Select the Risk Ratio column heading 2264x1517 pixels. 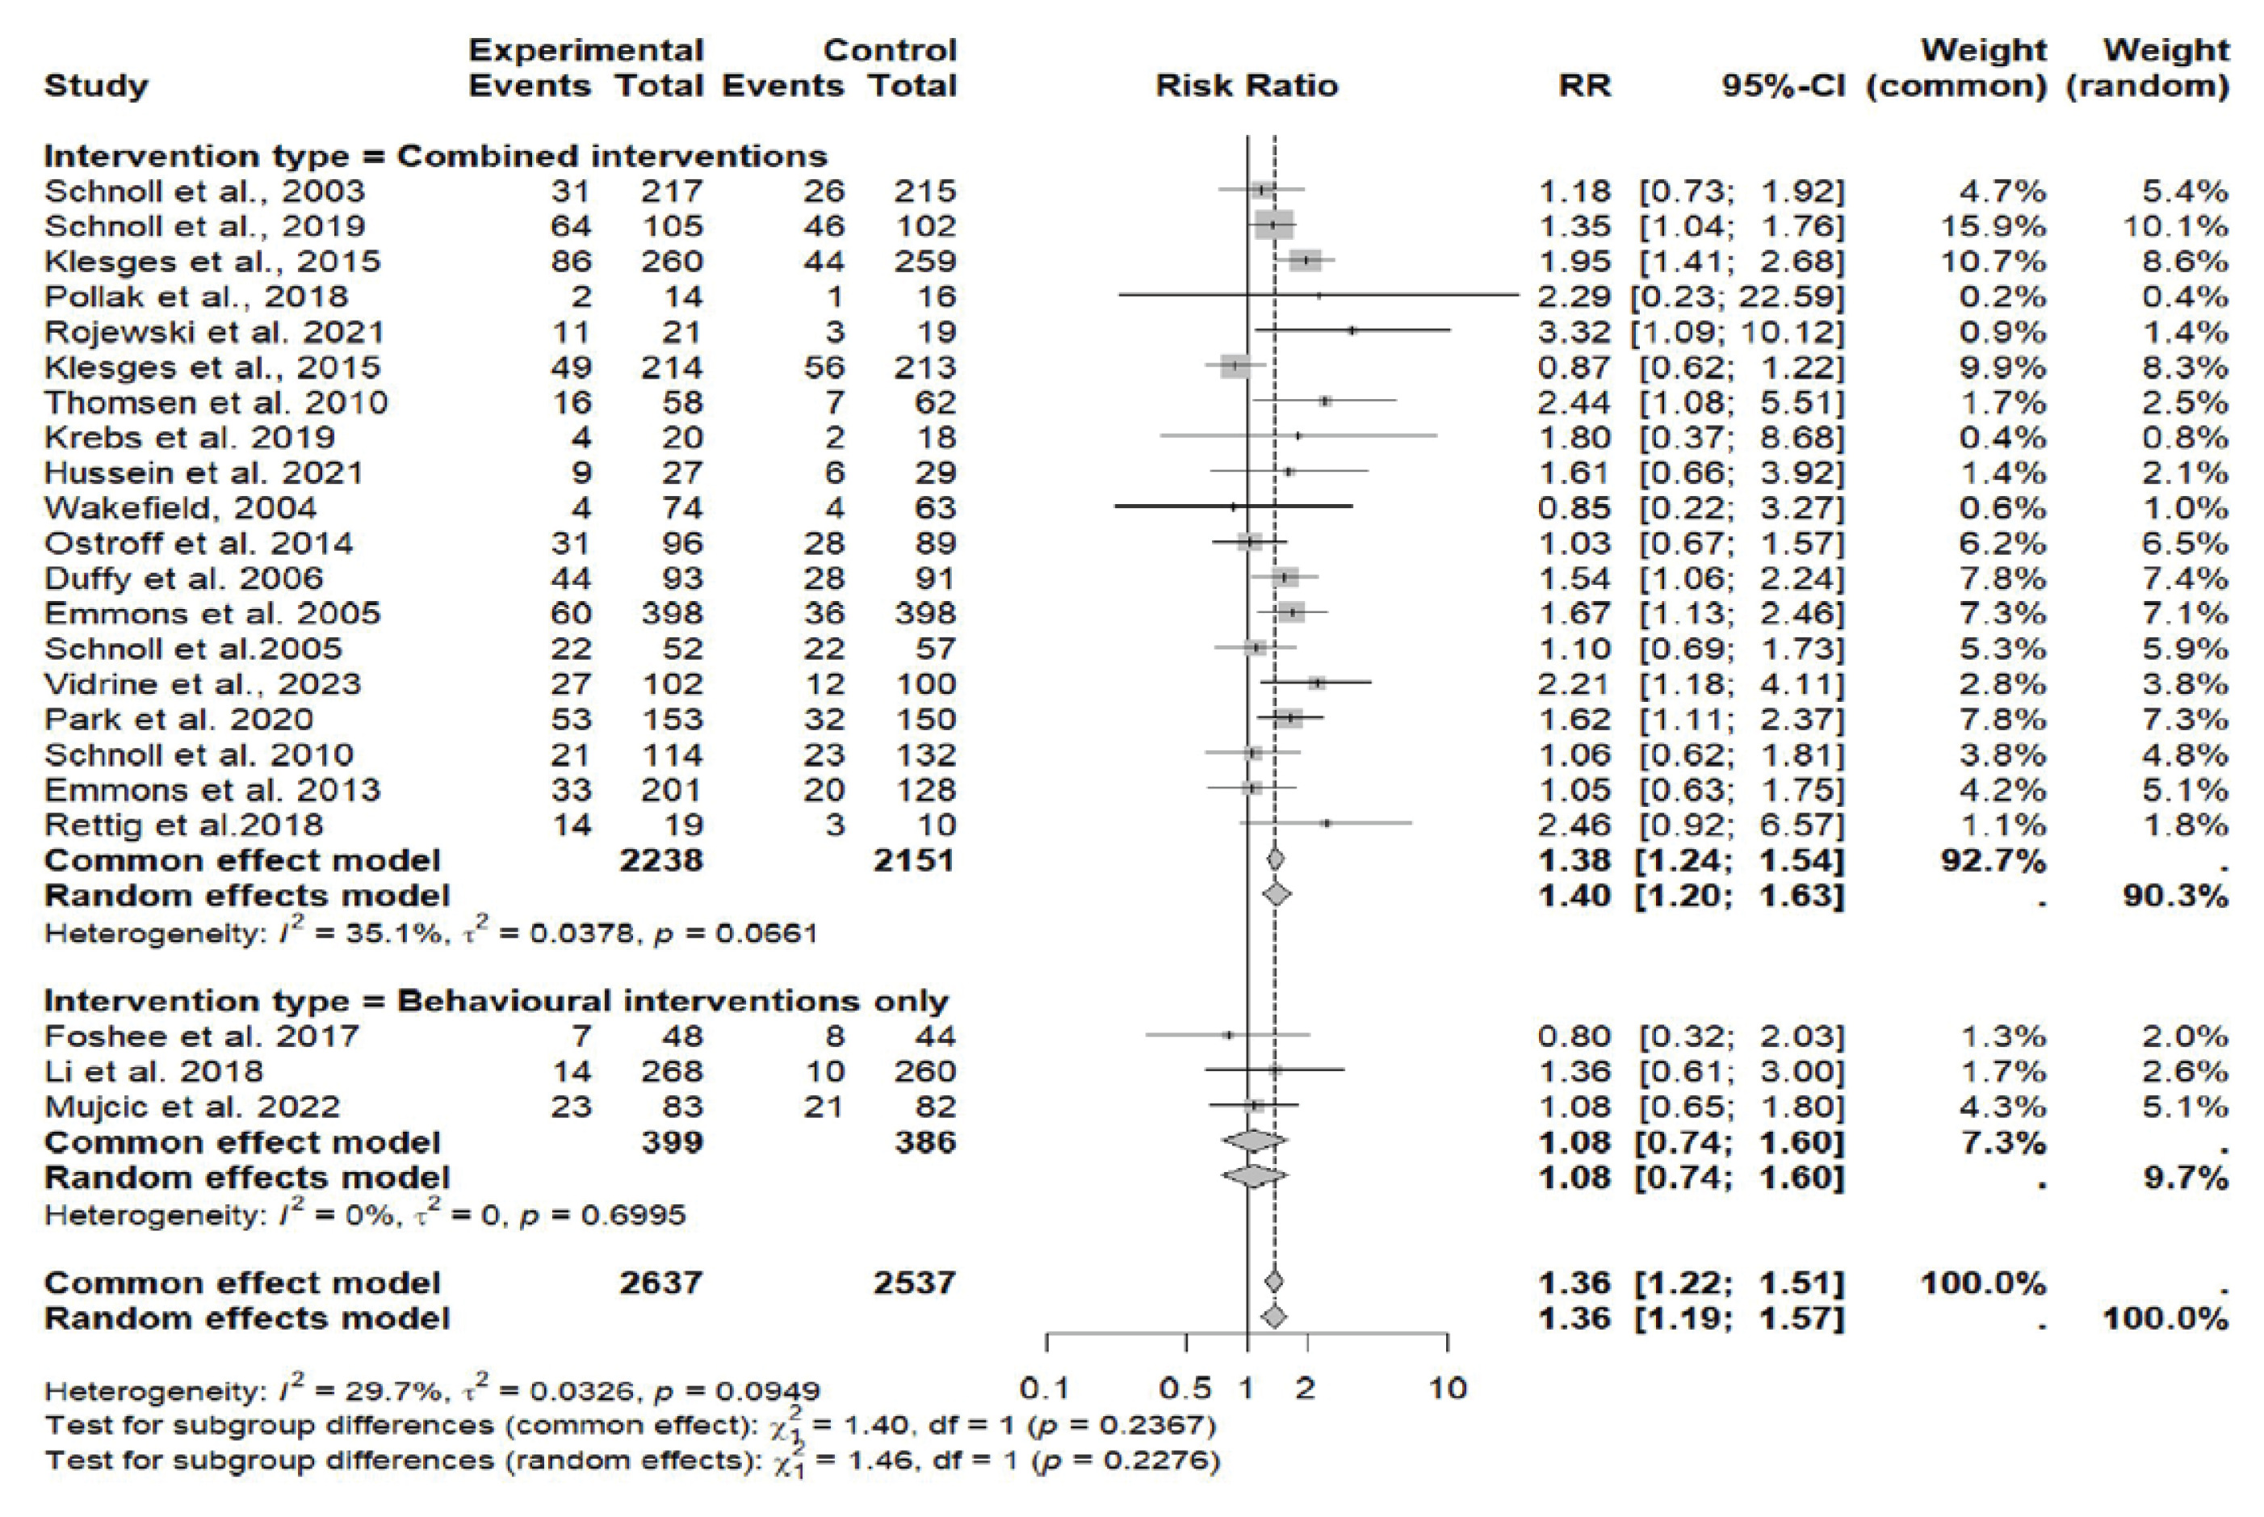pyautogui.click(x=1247, y=86)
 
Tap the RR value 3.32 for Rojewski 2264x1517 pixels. pyautogui.click(x=1574, y=332)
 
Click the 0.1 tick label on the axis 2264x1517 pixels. pyautogui.click(x=1045, y=1389)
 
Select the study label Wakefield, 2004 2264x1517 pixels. pyautogui.click(x=181, y=508)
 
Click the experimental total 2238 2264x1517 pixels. pyautogui.click(x=661, y=860)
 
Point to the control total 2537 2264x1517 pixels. pyautogui.click(x=914, y=1283)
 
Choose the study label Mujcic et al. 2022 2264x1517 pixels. pyautogui.click(x=192, y=1106)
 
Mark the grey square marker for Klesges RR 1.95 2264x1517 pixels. pyautogui.click(x=1305, y=260)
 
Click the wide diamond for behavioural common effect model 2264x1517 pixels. pyautogui.click(x=1253, y=1141)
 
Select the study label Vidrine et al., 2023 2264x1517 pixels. pyautogui.click(x=202, y=684)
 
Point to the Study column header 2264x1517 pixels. pyautogui.click(x=97, y=86)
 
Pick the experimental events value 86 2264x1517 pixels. pyautogui.click(x=571, y=261)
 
